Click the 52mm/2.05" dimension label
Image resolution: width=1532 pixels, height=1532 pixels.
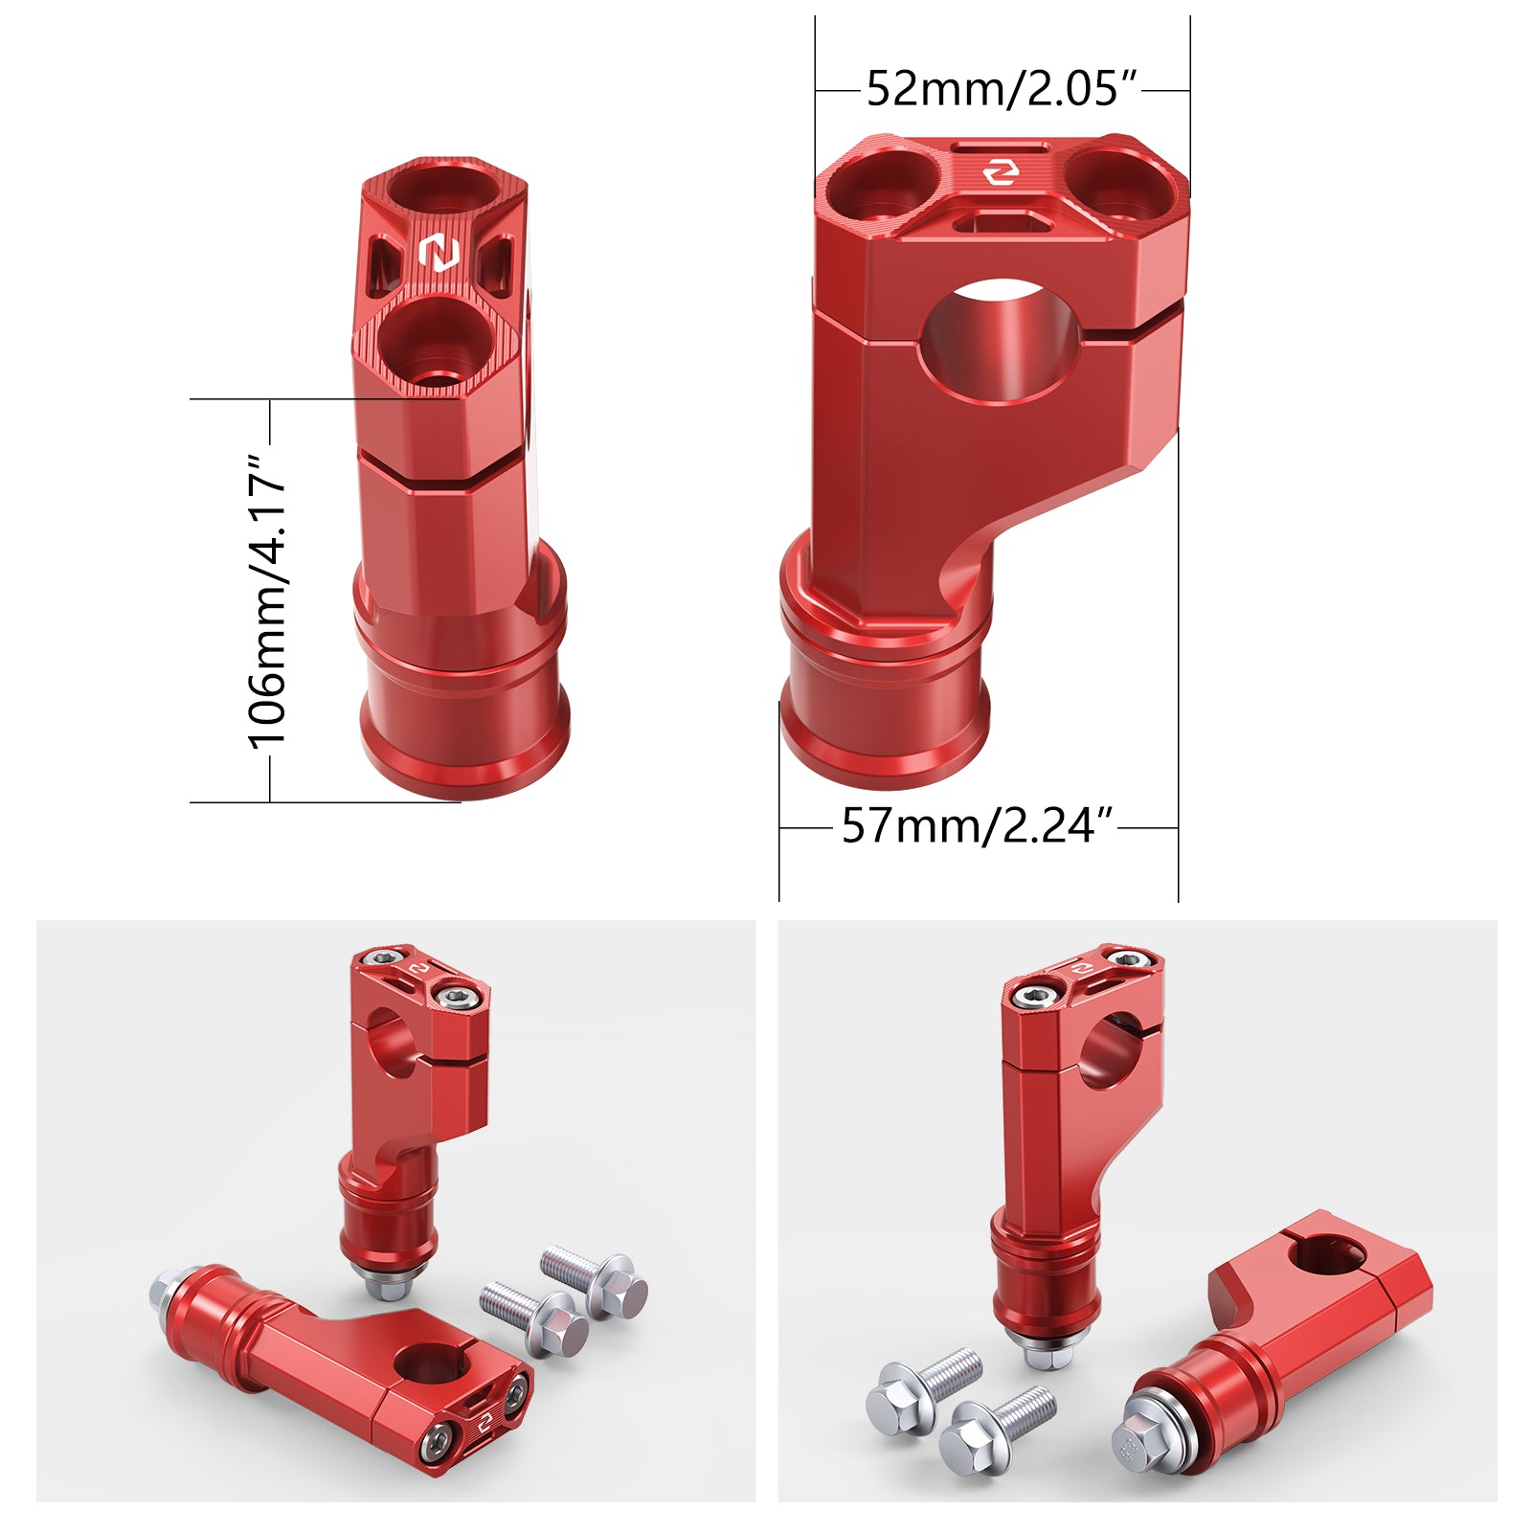[x=1002, y=89]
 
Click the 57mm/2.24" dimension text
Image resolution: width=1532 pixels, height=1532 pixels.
[x=978, y=825]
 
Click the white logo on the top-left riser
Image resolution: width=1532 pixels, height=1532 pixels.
[x=439, y=254]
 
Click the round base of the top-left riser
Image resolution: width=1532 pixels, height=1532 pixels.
[x=465, y=713]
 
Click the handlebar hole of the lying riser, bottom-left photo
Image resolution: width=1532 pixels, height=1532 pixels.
[x=431, y=1363]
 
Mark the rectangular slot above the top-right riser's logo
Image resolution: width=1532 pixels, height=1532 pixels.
[x=1000, y=148]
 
